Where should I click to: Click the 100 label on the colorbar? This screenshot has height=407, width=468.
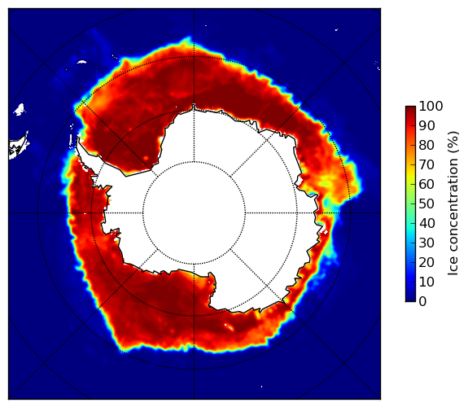point(431,106)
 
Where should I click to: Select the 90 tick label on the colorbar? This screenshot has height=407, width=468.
point(426,125)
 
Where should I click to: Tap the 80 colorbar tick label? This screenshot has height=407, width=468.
point(426,146)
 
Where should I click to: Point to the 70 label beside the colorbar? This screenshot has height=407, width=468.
point(426,164)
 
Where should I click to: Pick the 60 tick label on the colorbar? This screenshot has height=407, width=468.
point(426,184)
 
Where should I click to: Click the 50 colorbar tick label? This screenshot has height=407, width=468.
point(426,204)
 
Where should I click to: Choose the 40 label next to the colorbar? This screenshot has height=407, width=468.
point(426,223)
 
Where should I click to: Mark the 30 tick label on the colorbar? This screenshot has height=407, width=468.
point(426,243)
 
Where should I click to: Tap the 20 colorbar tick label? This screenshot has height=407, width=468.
point(426,262)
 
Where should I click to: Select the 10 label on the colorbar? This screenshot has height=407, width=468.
point(426,282)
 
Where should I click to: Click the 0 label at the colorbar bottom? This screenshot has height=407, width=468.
point(422,302)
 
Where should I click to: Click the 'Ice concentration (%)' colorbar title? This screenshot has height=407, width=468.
point(453,203)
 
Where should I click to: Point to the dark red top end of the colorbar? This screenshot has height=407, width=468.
point(410,109)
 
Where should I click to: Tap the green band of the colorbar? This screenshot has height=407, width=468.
point(410,200)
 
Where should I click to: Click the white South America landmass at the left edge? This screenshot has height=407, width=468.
point(18,148)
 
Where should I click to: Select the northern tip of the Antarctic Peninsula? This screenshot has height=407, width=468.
point(78,138)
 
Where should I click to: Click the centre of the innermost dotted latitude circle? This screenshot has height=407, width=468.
point(194,213)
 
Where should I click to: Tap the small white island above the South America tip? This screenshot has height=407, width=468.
point(20,109)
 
